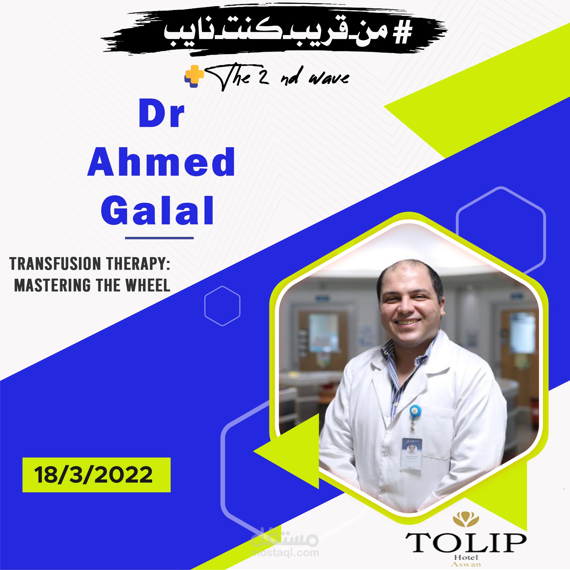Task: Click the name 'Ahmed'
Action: tap(161, 162)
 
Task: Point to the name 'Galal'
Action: tap(157, 210)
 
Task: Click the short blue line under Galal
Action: tap(159, 237)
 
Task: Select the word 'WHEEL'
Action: tap(148, 285)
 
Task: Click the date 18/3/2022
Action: tap(93, 475)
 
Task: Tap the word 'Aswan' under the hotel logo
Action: tap(466, 564)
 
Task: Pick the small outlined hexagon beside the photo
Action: tap(222, 306)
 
